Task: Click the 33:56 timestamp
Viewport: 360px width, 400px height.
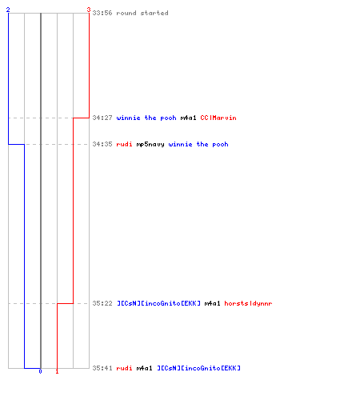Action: [x=102, y=13]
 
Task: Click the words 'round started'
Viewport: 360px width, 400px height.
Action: [x=142, y=13]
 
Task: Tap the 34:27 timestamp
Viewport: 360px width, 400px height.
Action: [x=102, y=118]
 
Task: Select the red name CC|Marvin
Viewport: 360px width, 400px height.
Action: [x=218, y=118]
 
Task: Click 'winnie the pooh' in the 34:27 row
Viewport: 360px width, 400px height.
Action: [x=146, y=118]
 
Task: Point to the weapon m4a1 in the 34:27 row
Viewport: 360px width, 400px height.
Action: [x=189, y=118]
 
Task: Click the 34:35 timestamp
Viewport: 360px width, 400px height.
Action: [x=102, y=144]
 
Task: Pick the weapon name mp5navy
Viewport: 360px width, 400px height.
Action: [x=150, y=145]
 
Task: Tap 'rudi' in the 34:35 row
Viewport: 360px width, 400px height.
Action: [x=124, y=144]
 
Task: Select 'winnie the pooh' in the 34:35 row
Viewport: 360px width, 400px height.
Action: [x=198, y=144]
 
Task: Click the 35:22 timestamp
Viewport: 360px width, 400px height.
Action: [x=102, y=303]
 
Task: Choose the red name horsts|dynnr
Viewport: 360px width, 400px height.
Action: [x=248, y=303]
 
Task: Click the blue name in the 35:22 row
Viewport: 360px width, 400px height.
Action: [x=158, y=303]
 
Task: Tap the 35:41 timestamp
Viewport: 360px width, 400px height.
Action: [x=102, y=368]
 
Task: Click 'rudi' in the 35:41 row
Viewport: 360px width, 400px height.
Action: [x=124, y=368]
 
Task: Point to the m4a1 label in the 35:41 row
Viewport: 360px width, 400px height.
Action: [x=145, y=368]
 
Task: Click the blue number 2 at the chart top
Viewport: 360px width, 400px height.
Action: [x=8, y=10]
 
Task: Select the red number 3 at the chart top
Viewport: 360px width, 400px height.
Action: [x=89, y=10]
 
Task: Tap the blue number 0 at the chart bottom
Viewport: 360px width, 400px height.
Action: [x=40, y=371]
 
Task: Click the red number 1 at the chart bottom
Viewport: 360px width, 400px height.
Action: [x=57, y=371]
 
